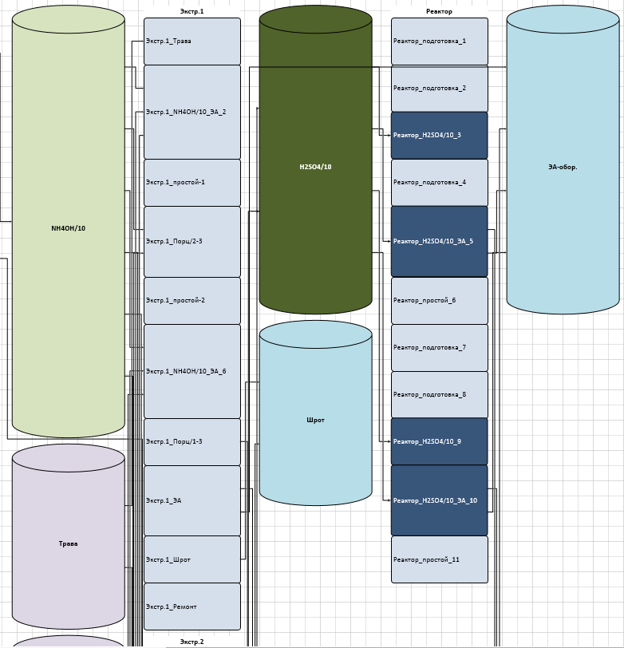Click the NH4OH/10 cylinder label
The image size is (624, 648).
pos(68,228)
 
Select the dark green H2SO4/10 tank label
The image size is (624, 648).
pos(315,167)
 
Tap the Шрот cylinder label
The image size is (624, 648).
pos(315,420)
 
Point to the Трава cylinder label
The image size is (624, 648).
pos(68,543)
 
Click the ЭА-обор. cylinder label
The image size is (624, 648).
pos(563,167)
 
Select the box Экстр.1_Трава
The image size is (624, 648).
pos(192,41)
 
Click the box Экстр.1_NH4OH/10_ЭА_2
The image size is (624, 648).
pos(192,112)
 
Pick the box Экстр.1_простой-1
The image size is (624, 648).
pos(192,182)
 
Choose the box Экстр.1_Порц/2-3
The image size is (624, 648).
pos(192,241)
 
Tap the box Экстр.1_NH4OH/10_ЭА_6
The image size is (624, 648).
pos(192,371)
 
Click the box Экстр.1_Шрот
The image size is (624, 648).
pos(192,559)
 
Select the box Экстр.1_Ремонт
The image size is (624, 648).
pos(192,607)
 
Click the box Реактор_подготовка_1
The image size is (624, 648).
pos(439,41)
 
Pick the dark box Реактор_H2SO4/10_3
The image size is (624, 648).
pos(439,135)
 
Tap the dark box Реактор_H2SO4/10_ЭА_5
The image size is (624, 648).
pos(439,241)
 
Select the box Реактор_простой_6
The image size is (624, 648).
pos(439,300)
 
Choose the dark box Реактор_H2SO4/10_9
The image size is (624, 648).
pos(439,441)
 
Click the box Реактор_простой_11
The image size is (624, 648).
pos(439,559)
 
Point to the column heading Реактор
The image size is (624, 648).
pos(439,11)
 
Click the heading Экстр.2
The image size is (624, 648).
pos(192,642)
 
